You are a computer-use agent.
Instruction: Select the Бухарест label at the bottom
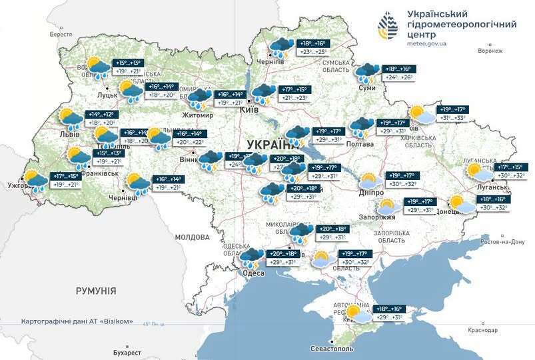pos(127,352)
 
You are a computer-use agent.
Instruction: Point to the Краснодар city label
pos(483,331)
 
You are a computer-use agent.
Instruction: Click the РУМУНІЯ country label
pos(96,291)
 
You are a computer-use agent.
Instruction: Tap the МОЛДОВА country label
pos(192,237)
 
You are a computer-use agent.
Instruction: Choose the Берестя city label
pos(61,34)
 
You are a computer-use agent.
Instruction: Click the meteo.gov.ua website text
pos(426,44)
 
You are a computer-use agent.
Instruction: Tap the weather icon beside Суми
pos(366,73)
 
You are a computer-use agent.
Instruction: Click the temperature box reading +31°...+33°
pos(457,118)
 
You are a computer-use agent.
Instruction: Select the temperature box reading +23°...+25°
pos(314,51)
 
